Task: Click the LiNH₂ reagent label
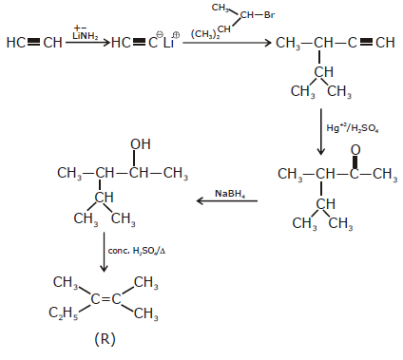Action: [x=86, y=36]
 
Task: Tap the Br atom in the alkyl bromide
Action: [x=269, y=15]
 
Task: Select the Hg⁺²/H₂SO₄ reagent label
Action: [x=353, y=128]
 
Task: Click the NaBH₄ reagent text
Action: [x=230, y=194]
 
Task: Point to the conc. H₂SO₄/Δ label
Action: [x=137, y=251]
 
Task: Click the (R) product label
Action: [x=105, y=339]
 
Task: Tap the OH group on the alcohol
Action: [x=141, y=144]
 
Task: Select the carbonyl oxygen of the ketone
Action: [x=355, y=150]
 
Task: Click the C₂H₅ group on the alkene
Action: [x=63, y=313]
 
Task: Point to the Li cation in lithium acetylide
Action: [x=168, y=43]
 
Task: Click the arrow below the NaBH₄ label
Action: [x=227, y=200]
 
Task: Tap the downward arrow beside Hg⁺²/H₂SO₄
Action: [x=321, y=132]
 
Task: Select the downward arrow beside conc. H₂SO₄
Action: [x=104, y=252]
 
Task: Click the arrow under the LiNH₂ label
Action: [x=87, y=43]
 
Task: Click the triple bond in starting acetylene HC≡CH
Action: [x=34, y=42]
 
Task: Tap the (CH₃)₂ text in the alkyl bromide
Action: [x=205, y=34]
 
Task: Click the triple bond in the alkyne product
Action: [x=367, y=43]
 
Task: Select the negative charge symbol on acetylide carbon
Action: [x=160, y=34]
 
